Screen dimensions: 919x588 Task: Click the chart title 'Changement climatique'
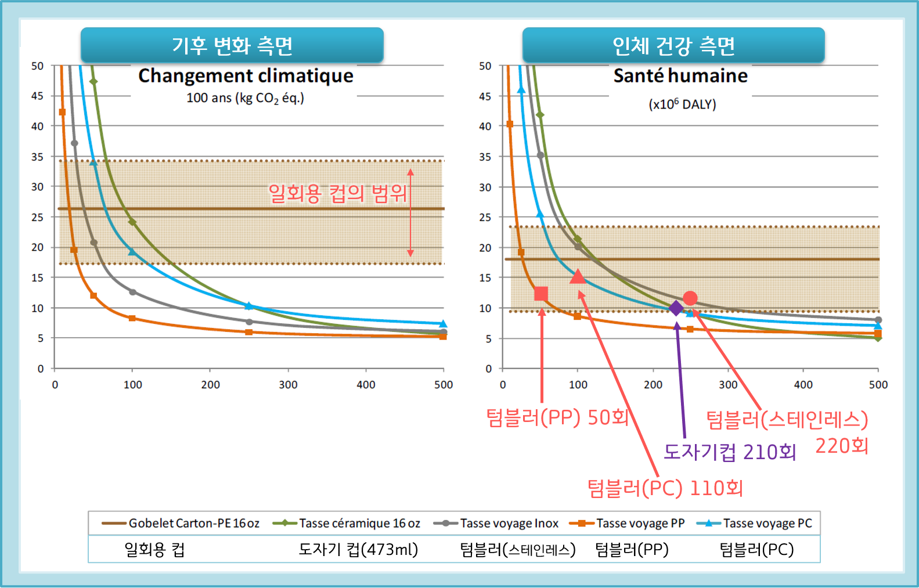tap(246, 76)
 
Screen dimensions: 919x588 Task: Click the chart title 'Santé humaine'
tap(680, 76)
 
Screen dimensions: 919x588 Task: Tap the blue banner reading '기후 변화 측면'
tap(232, 45)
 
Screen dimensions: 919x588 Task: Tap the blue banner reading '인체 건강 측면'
tap(673, 45)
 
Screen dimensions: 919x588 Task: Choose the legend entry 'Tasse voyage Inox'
tap(496, 523)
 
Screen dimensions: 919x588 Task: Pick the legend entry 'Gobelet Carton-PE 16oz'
tap(181, 523)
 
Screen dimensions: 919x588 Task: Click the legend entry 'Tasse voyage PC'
tap(755, 523)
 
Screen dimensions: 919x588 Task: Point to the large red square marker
tap(541, 293)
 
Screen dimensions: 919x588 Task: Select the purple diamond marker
tap(676, 308)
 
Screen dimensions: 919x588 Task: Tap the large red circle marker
tap(690, 298)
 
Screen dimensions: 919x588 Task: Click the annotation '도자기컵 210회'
tap(730, 452)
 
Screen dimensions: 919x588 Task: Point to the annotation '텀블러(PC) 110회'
tap(665, 488)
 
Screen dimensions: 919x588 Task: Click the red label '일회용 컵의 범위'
tap(337, 193)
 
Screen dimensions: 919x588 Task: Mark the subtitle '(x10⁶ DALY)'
tap(682, 104)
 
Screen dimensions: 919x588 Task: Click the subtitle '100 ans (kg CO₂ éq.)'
tap(246, 99)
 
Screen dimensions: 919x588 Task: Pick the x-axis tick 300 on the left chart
tap(288, 385)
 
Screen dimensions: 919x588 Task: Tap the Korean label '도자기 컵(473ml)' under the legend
tap(358, 550)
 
